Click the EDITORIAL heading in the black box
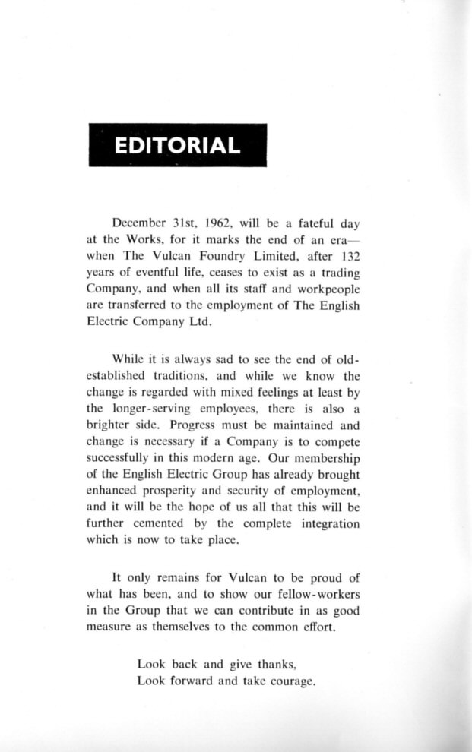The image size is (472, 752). pyautogui.click(x=176, y=145)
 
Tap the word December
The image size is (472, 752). pyautogui.click(x=139, y=223)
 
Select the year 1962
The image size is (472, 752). pyautogui.click(x=220, y=223)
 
